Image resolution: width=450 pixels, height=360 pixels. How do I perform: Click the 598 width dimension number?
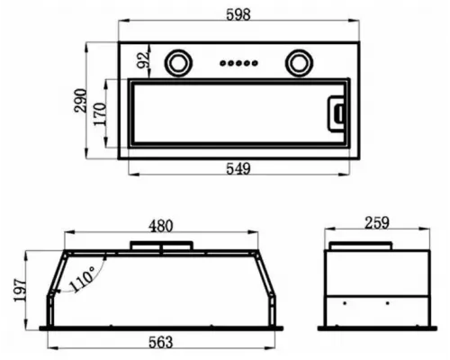pyautogui.click(x=238, y=14)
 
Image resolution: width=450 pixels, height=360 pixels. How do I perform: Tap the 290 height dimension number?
pyautogui.click(x=80, y=101)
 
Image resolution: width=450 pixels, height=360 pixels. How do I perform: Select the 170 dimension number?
pyautogui.click(x=100, y=114)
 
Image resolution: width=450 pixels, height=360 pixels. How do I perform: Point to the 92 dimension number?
pyautogui.click(x=142, y=60)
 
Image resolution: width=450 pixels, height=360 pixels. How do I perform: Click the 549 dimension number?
pyautogui.click(x=238, y=168)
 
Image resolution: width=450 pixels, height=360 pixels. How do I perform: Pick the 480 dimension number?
pyautogui.click(x=161, y=226)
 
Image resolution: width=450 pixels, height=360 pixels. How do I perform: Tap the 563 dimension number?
pyautogui.click(x=161, y=342)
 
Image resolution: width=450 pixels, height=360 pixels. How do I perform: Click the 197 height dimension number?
pyautogui.click(x=21, y=291)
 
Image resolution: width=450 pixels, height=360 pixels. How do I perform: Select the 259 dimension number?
pyautogui.click(x=377, y=223)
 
